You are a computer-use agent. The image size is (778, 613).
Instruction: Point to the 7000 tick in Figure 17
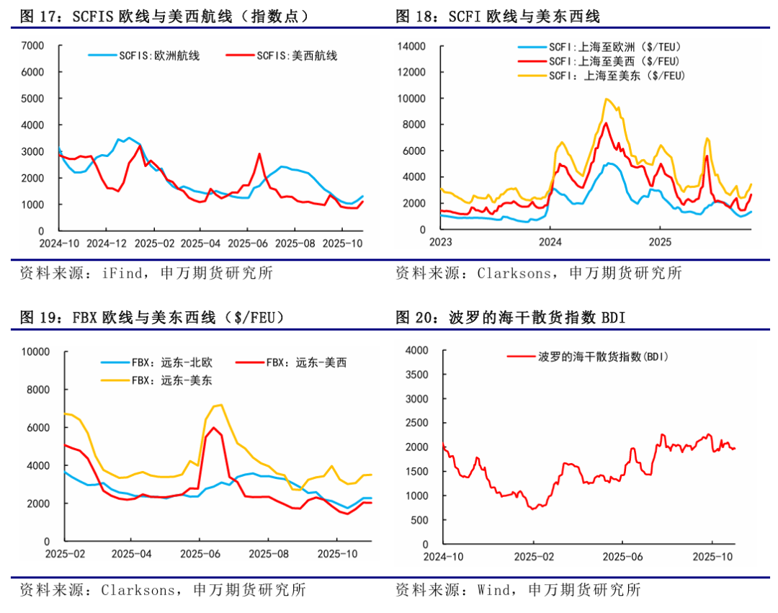34,46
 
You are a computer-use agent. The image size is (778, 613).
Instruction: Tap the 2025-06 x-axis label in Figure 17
247,243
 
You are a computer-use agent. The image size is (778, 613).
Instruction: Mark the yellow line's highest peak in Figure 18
607,99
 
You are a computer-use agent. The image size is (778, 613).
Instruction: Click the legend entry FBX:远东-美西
306,363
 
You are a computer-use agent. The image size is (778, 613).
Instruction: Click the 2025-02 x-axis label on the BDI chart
533,557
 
